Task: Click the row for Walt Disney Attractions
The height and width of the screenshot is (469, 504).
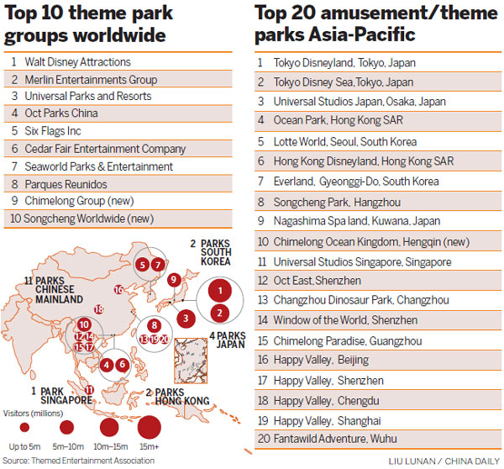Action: point(118,62)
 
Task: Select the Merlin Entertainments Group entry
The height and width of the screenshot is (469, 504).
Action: point(118,80)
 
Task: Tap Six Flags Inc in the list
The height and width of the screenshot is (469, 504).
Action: point(118,132)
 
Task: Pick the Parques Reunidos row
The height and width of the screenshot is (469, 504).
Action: point(118,184)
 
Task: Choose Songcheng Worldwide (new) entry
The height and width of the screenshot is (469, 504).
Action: point(118,219)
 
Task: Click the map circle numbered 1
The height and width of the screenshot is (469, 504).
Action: point(219,292)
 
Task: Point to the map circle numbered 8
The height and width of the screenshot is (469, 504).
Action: point(154,325)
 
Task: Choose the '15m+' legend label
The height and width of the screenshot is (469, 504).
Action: point(149,445)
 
